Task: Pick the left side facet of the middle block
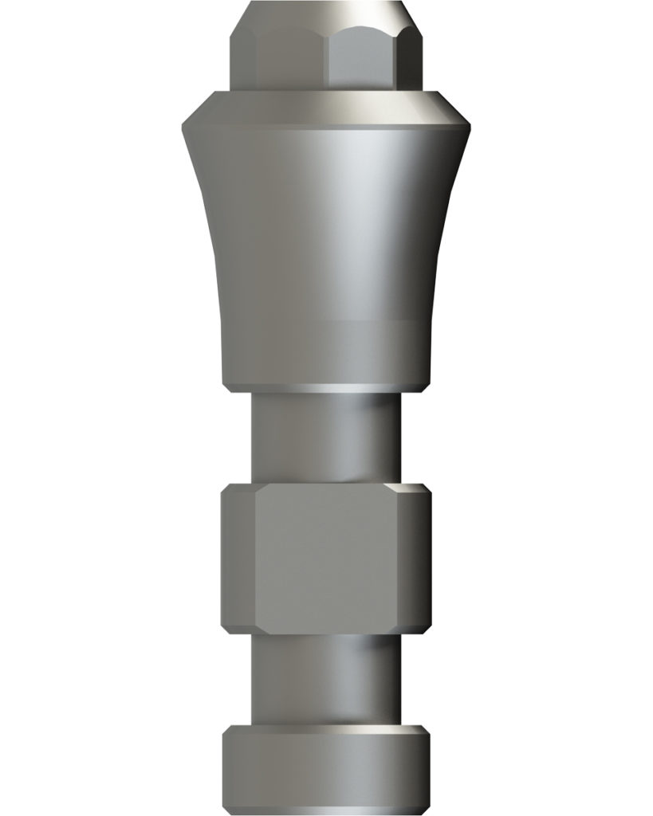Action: coord(231,558)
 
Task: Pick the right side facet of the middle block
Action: coord(420,558)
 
